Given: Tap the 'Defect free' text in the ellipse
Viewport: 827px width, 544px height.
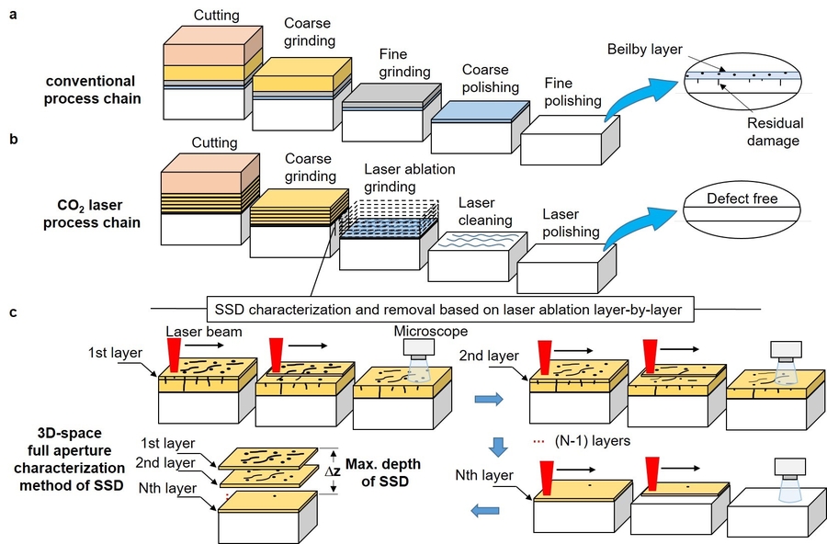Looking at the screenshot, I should [x=741, y=198].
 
